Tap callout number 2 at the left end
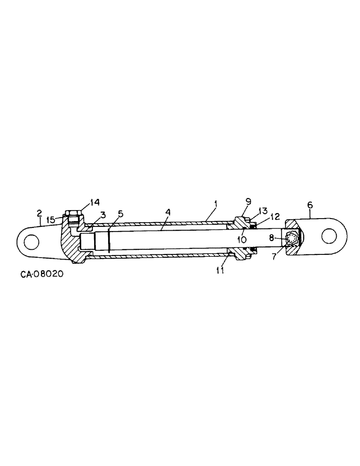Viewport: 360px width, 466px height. [39, 213]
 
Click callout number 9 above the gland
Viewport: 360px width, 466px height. [248, 201]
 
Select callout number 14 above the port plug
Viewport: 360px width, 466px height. [95, 202]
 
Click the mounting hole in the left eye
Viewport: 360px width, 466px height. [32, 242]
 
